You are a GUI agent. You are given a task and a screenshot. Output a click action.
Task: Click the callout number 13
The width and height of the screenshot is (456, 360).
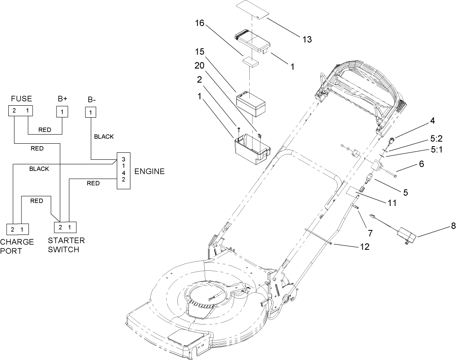click(x=306, y=40)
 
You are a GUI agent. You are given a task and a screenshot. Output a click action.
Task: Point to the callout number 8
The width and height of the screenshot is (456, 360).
click(x=442, y=226)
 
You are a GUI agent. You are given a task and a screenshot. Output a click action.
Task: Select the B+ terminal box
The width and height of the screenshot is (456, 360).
click(x=62, y=111)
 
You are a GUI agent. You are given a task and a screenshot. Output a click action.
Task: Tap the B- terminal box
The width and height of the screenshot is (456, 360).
click(x=90, y=111)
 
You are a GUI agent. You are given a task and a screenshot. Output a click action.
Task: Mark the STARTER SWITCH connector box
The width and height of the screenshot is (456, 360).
click(x=66, y=227)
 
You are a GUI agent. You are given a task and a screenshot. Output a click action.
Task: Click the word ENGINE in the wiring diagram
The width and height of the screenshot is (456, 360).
click(x=149, y=171)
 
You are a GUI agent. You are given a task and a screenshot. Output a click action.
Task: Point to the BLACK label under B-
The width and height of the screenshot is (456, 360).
click(x=104, y=137)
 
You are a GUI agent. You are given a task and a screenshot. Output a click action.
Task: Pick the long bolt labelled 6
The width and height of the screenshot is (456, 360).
click(x=388, y=173)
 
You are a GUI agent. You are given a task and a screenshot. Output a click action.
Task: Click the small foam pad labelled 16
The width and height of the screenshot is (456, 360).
click(x=251, y=62)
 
